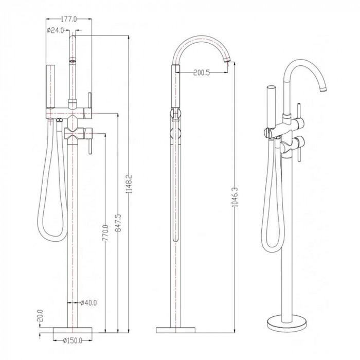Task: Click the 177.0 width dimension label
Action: click(69, 19)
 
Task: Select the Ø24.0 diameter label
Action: click(56, 30)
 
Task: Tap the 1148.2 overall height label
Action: click(129, 184)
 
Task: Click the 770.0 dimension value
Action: click(105, 233)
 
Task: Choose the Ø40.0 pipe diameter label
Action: click(88, 303)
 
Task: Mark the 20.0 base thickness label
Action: click(40, 316)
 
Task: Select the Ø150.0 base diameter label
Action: click(73, 340)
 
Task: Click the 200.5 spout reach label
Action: click(202, 73)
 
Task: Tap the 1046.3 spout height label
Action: click(235, 197)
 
